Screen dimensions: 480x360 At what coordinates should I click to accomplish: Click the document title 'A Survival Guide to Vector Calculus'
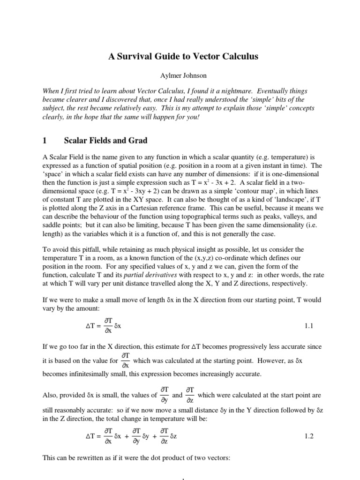click(180, 56)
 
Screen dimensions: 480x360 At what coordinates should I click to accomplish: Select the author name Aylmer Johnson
click(180, 75)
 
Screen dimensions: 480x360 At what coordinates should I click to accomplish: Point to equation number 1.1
click(308, 324)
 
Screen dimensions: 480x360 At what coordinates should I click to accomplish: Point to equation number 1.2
click(308, 436)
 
